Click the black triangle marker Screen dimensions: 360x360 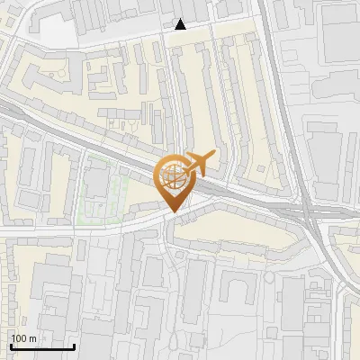pyautogui.click(x=181, y=24)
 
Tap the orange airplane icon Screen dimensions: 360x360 pyautogui.click(x=200, y=163)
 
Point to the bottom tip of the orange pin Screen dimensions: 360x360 pyautogui.click(x=171, y=212)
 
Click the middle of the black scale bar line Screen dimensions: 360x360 pyautogui.click(x=42, y=346)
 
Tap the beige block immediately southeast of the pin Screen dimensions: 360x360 pyautogui.click(x=234, y=234)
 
